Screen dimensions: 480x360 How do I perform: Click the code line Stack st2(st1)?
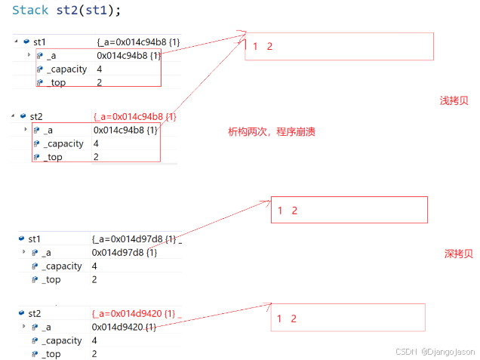pyautogui.click(x=66, y=11)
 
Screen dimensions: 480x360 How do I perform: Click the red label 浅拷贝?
pyautogui.click(x=454, y=100)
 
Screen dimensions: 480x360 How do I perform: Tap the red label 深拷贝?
pyautogui.click(x=458, y=254)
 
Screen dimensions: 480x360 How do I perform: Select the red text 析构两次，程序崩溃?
pyautogui.click(x=271, y=131)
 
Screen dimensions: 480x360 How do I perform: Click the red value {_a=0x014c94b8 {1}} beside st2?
pyautogui.click(x=134, y=117)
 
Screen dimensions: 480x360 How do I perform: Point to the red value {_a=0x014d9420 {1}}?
pyautogui.click(x=134, y=313)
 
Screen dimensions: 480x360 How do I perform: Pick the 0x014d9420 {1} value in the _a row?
pyautogui.click(x=124, y=327)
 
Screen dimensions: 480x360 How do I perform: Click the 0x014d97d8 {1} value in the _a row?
pyautogui.click(x=124, y=252)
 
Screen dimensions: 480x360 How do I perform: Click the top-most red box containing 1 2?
pyautogui.click(x=339, y=46)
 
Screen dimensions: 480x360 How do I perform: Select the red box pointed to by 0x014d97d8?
pyautogui.click(x=349, y=210)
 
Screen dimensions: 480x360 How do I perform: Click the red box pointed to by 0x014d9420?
pyautogui.click(x=347, y=318)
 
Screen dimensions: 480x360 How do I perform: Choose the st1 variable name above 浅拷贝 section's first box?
pyautogui.click(x=38, y=42)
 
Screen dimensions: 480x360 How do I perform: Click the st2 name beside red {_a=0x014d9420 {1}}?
pyautogui.click(x=34, y=313)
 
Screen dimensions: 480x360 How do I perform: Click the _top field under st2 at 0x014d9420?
pyautogui.click(x=52, y=354)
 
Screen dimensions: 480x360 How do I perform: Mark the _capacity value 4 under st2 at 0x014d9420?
pyautogui.click(x=94, y=340)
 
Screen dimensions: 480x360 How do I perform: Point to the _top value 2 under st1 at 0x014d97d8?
pyautogui.click(x=94, y=279)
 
